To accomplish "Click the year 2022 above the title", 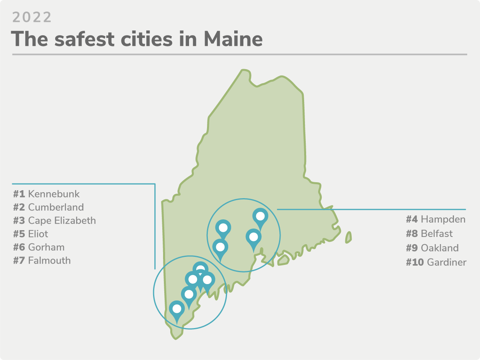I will coord(32,17).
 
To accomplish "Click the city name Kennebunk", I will coord(54,194).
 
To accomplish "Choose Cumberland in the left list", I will coord(56,207).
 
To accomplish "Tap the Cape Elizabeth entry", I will coord(62,221).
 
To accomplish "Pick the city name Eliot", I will coord(38,234).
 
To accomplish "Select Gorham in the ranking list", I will coord(46,247).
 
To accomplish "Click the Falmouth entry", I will coord(50,261).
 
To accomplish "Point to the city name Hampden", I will coord(443,219).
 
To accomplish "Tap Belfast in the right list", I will coord(437,233).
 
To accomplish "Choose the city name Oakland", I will coord(440,248).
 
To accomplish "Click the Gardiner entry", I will coord(446,263).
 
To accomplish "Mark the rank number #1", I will coord(19,194).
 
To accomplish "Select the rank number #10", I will coord(415,263).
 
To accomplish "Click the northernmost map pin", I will coord(260,217).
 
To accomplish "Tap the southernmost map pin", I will coord(176,309).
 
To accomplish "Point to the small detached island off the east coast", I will coord(349,237).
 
